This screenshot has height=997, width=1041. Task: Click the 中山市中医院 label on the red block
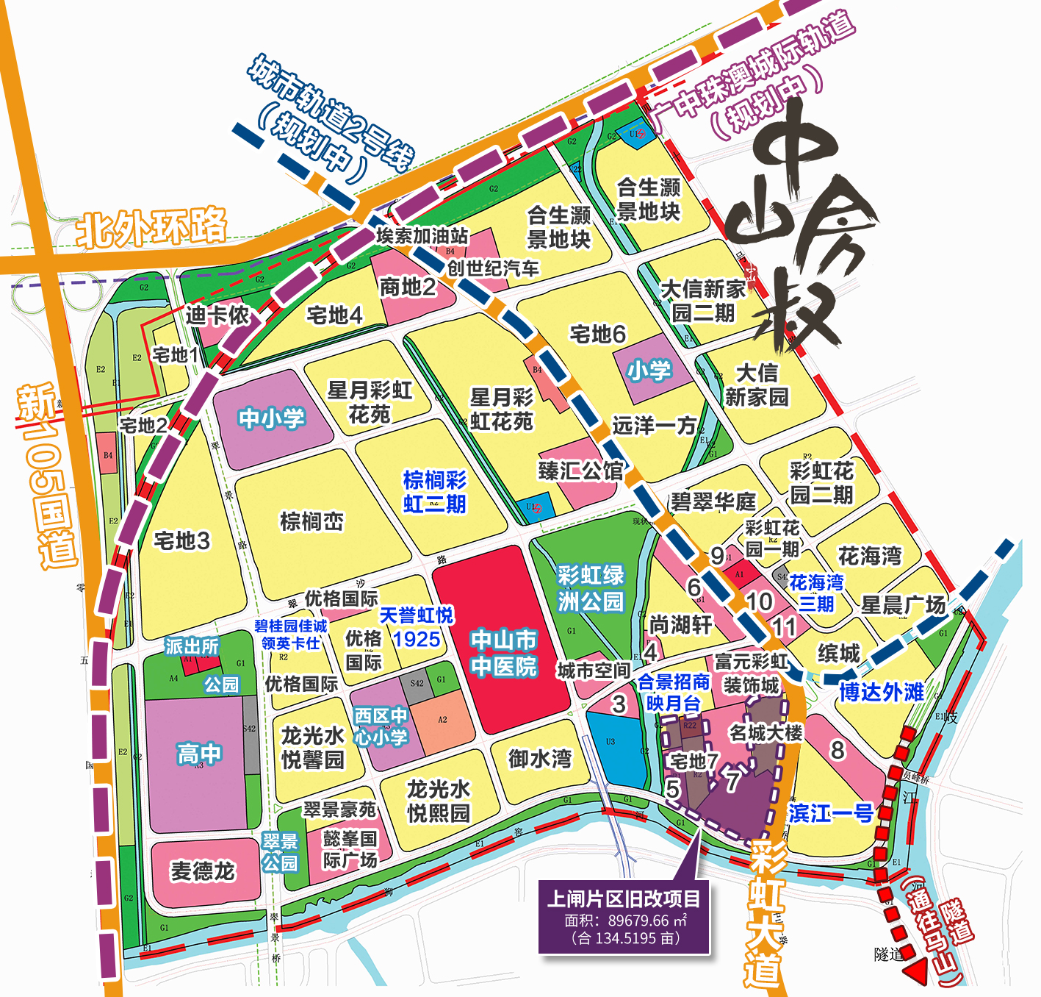tap(504, 653)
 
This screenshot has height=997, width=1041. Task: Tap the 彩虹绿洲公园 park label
tap(590, 588)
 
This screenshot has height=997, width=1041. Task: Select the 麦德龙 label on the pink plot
tap(202, 871)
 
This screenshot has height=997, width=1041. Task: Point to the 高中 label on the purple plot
tap(198, 754)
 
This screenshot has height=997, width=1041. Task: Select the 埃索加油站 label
tap(422, 236)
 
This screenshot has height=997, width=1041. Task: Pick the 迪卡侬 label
tap(217, 315)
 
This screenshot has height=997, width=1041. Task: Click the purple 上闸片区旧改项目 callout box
tap(624, 917)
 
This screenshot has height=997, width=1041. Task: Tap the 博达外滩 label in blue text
tap(882, 692)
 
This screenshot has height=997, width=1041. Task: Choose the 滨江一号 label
tap(831, 813)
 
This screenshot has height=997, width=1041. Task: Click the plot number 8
tap(837, 750)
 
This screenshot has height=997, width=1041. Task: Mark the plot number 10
tap(759, 601)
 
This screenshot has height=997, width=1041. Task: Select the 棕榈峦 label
tap(311, 521)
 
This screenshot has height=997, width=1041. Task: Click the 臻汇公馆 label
tap(580, 471)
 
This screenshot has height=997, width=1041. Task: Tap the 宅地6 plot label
tap(597, 335)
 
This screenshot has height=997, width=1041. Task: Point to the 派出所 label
tap(192, 646)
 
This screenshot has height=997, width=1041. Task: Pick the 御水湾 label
tap(540, 759)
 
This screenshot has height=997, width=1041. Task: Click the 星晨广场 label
tap(903, 605)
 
